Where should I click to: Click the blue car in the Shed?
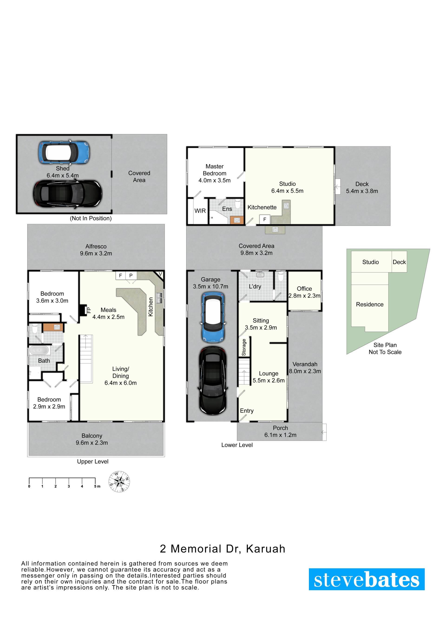tap(64, 152)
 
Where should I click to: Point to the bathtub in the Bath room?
tap(39, 351)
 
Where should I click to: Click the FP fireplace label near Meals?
tap(89, 310)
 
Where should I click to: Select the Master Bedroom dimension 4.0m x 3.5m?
tap(214, 180)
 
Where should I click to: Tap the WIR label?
tap(200, 211)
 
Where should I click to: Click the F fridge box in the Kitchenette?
tap(265, 219)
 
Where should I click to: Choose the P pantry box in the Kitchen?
tap(131, 275)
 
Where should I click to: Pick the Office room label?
tap(304, 289)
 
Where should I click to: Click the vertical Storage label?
tap(244, 347)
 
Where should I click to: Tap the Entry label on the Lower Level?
tap(247, 411)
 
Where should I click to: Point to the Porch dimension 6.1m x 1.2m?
tap(280, 435)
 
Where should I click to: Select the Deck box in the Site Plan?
tap(399, 262)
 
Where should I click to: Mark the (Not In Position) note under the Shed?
tap(91, 218)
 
